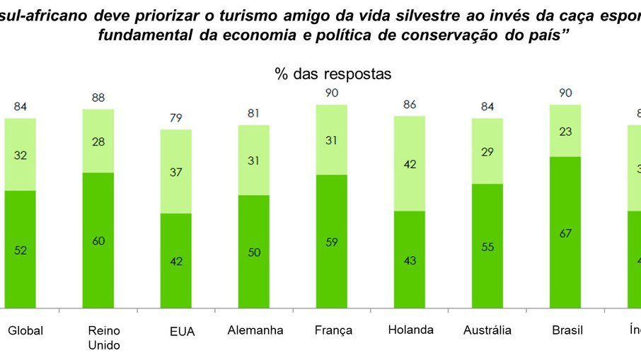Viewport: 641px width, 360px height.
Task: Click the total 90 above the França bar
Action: point(332,93)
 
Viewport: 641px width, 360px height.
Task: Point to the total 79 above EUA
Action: point(175,118)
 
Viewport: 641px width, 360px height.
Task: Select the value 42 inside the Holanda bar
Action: point(410,163)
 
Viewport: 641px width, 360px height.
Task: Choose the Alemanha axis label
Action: point(255,330)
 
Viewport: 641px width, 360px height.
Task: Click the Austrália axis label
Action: point(487,330)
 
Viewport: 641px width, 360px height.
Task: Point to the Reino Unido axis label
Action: point(103,337)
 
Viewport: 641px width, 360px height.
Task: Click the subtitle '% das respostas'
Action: point(332,74)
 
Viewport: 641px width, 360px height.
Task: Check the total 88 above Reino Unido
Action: point(98,98)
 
